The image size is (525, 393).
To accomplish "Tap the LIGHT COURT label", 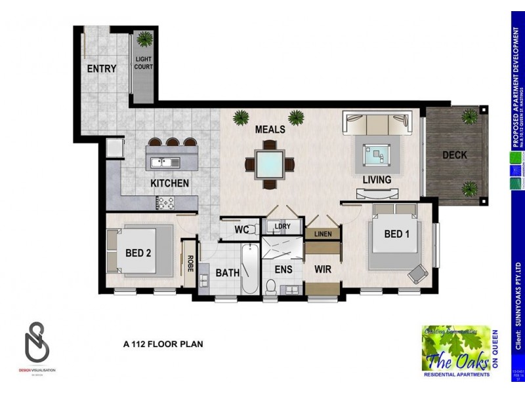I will pos(143,63).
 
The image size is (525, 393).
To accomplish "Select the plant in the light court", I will pos(143,39).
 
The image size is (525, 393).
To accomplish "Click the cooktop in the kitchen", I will pos(165,203).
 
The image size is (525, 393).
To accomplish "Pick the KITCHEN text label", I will pos(169,183).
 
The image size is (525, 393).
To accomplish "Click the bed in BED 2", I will pos(140,250).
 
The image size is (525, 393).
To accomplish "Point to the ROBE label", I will pos(189,263).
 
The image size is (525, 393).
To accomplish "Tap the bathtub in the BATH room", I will pos(249,269).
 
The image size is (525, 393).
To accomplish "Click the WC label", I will pos(241,230).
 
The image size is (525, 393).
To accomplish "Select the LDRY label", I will pos(282,227).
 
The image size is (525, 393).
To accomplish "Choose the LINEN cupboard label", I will pos(323,234).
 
